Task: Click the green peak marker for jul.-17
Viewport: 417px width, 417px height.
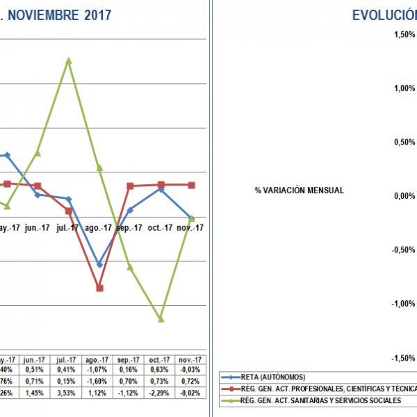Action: (68, 60)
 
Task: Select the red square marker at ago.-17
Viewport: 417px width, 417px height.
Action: (99, 288)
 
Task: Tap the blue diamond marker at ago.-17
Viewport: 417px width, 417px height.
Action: (99, 265)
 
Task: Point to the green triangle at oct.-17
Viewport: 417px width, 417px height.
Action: (161, 318)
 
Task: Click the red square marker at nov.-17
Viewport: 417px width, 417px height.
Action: (191, 185)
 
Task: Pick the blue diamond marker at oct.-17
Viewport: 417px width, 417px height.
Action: (161, 188)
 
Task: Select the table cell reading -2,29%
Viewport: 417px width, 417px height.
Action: (161, 393)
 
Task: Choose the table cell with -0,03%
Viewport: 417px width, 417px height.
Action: (191, 370)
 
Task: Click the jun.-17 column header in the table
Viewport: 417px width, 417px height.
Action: (37, 359)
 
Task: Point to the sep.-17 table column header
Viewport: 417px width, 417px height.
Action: (130, 359)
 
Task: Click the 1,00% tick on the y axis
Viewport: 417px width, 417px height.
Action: (403, 88)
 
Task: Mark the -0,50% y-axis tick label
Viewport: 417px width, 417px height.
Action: (402, 250)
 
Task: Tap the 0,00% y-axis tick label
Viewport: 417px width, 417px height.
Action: (403, 196)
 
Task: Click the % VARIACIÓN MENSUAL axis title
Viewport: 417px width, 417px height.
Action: (299, 190)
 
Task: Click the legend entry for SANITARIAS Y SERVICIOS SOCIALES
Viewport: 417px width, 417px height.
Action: (327, 400)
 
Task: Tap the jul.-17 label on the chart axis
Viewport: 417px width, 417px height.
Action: (68, 227)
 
